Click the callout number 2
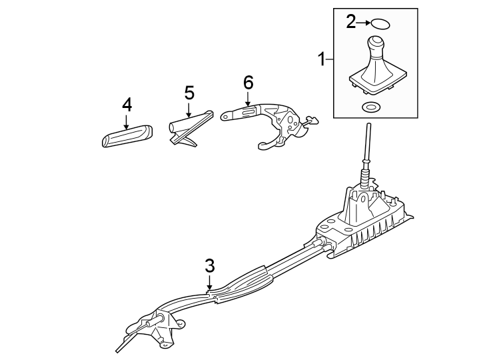pyautogui.click(x=351, y=22)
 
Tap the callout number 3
pyautogui.click(x=209, y=265)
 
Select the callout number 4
pyautogui.click(x=127, y=105)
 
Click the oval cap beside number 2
pyautogui.click(x=379, y=24)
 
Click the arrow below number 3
pyautogui.click(x=209, y=283)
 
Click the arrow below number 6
pyautogui.click(x=248, y=99)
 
